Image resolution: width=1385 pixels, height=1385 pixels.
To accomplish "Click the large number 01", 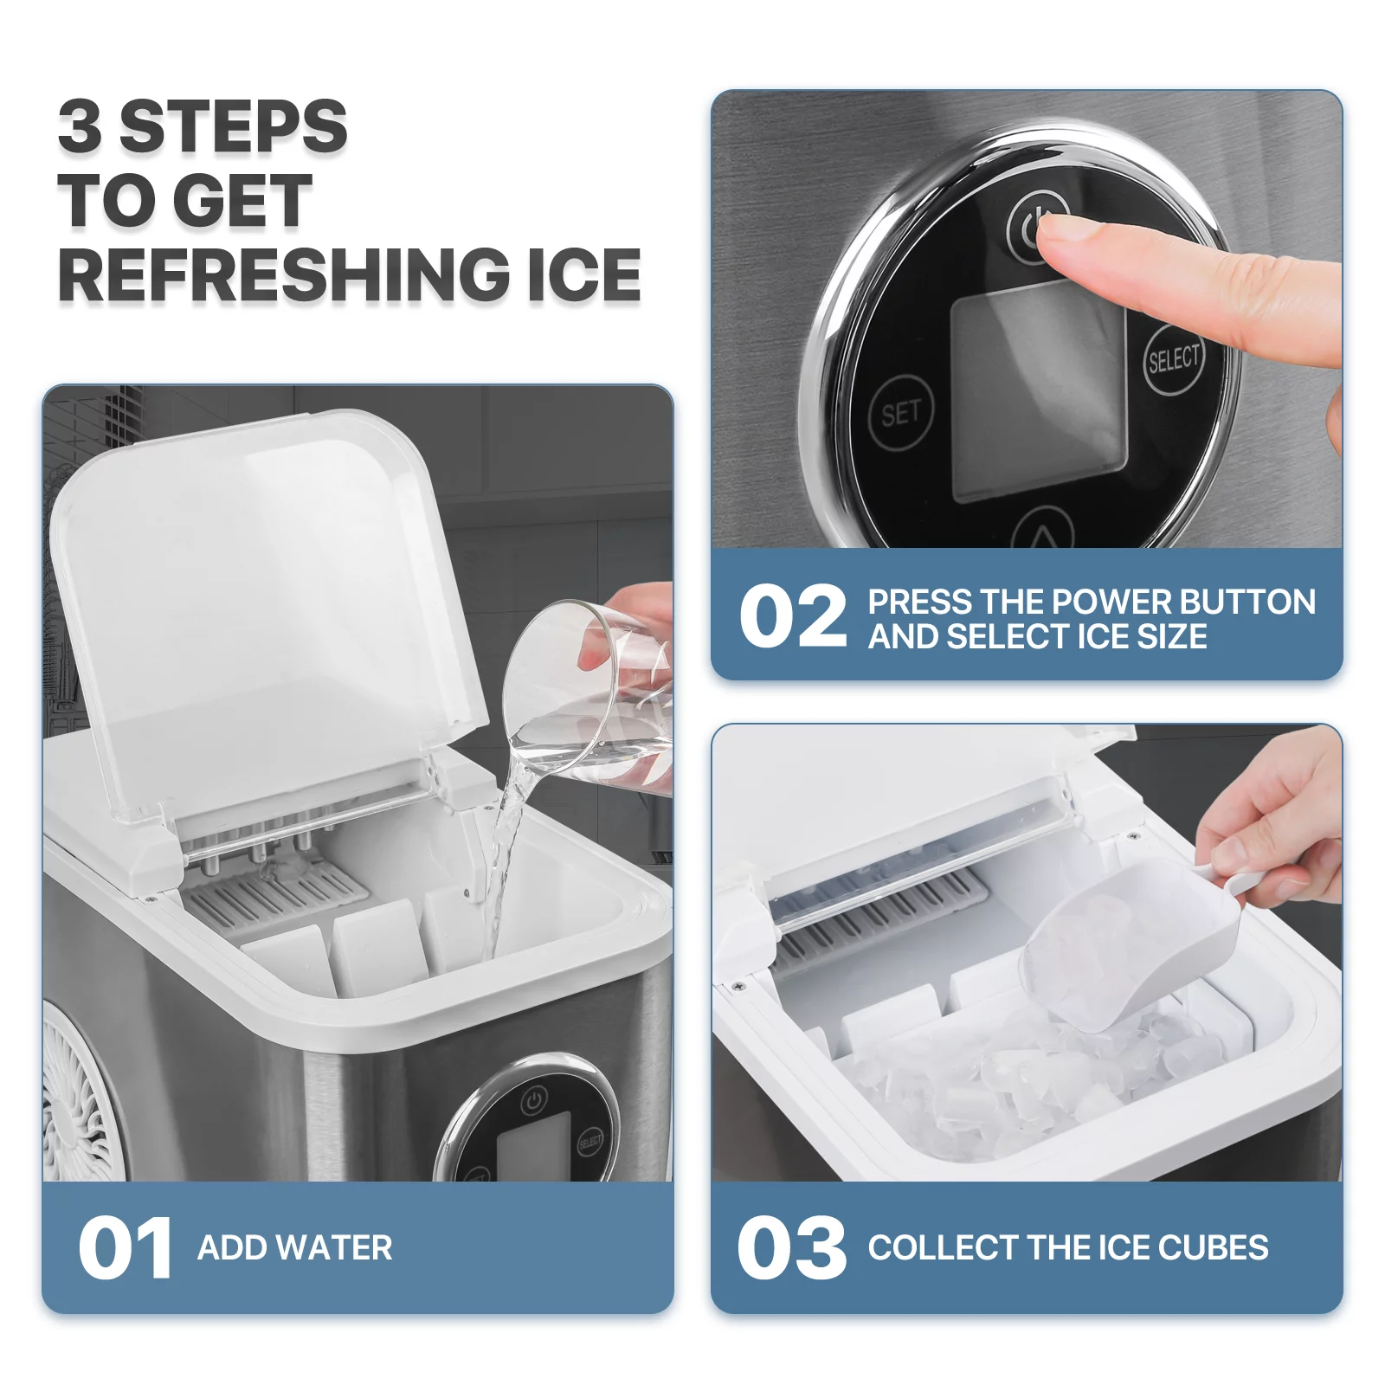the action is [x=125, y=1247].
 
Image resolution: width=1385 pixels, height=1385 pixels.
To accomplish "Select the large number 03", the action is [x=791, y=1247].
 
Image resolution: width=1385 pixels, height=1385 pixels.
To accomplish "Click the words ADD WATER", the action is [x=295, y=1247].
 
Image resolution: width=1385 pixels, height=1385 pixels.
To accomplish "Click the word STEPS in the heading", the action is [x=234, y=126].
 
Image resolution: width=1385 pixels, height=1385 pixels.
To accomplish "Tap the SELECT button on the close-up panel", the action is [x=1174, y=359].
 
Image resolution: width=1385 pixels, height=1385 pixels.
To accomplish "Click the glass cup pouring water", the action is [x=589, y=692].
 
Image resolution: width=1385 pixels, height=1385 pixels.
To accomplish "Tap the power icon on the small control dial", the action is [x=533, y=1101].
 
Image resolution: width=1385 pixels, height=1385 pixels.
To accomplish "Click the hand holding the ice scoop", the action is [x=1272, y=822].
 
